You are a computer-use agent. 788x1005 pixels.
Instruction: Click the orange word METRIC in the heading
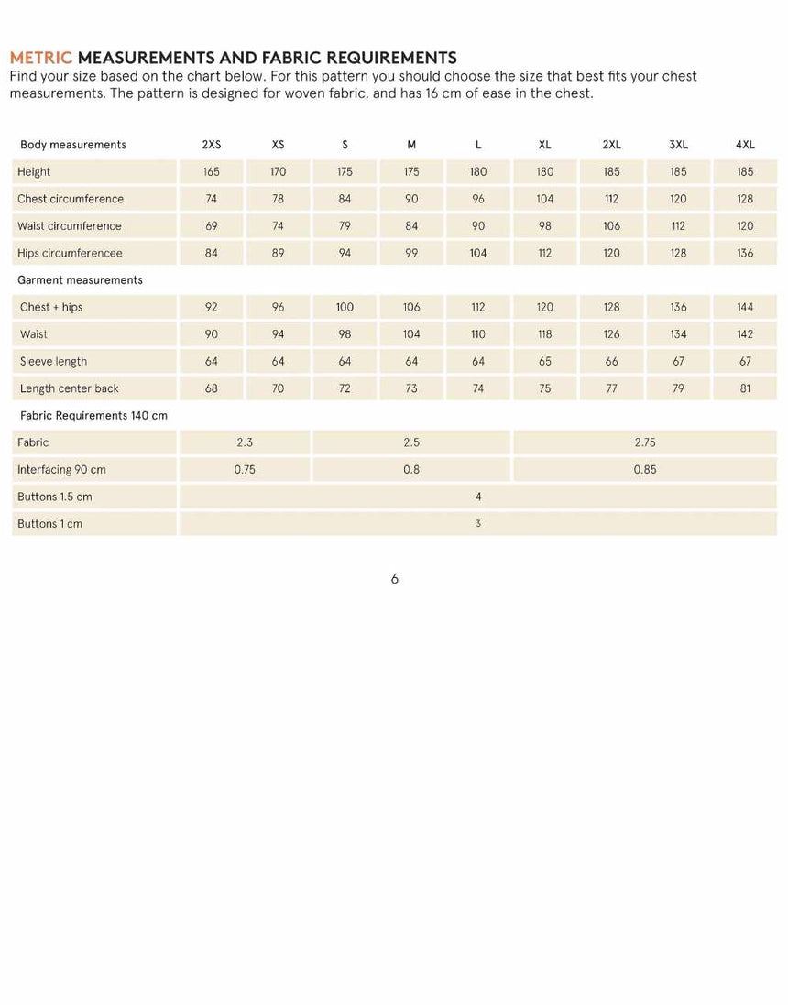coord(40,59)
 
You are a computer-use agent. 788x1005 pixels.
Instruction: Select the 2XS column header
coord(211,145)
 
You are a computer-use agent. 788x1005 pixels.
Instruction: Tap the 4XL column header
coord(745,145)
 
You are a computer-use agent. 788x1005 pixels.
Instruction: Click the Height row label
coord(34,172)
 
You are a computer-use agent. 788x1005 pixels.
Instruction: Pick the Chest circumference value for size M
coord(411,199)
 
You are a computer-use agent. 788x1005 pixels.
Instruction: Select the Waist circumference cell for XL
coord(545,226)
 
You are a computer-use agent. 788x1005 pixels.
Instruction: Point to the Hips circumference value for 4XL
coord(745,253)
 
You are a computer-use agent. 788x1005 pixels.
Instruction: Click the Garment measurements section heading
coord(80,280)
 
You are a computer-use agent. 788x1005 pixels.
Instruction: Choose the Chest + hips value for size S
coord(345,308)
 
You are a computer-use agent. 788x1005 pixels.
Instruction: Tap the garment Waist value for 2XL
coord(611,334)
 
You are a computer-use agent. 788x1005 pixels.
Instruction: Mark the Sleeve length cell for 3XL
coord(678,362)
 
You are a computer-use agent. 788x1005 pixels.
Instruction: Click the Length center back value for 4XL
coord(745,388)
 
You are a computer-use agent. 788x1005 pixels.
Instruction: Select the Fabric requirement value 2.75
coord(645,442)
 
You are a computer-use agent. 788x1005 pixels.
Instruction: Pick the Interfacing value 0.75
coord(245,470)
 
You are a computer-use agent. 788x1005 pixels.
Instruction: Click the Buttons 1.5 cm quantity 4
coord(478,497)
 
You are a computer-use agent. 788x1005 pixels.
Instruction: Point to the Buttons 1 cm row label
coord(49,524)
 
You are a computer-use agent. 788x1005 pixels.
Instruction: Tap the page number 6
coord(394,579)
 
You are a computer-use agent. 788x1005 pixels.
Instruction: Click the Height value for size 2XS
coord(211,172)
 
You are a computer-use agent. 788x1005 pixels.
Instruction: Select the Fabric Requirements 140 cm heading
coord(93,416)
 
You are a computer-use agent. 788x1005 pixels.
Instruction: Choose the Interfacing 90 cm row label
coord(61,470)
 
